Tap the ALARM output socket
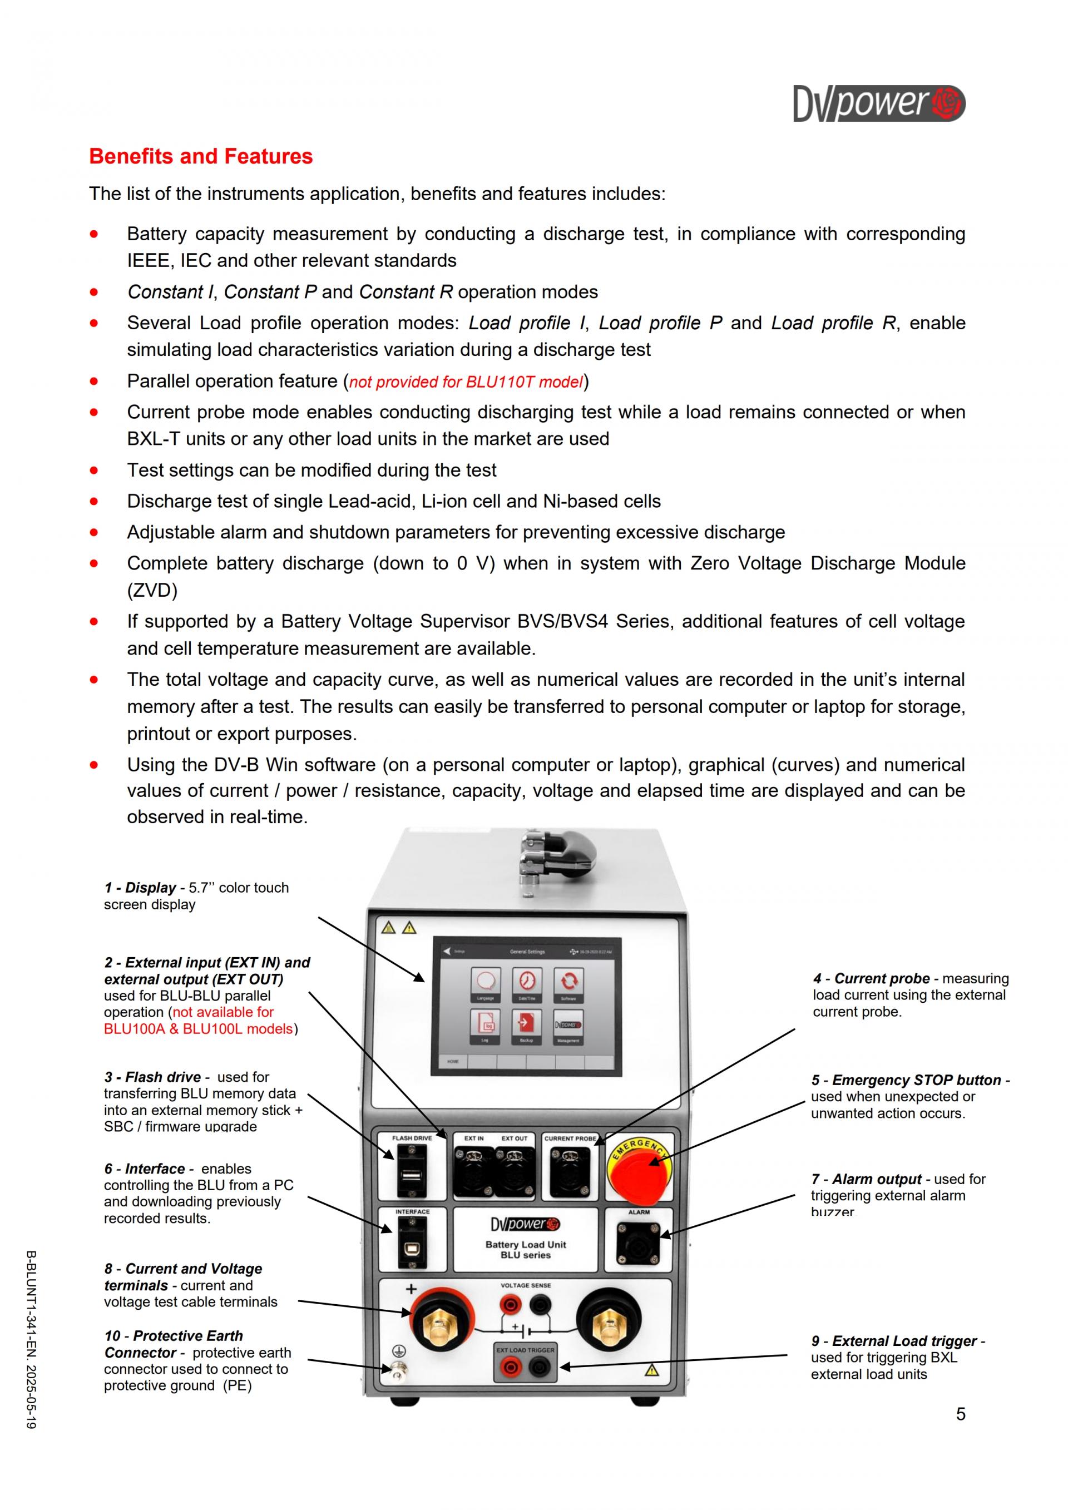pos(638,1242)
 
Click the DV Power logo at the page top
pos(879,104)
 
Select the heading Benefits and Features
pos(201,156)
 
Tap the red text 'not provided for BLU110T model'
pos(466,382)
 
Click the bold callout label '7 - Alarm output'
pos(866,1179)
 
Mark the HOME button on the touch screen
pos(453,1062)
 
